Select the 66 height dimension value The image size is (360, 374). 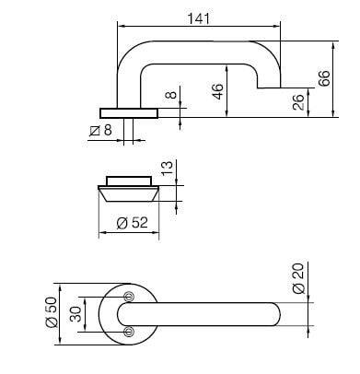coord(324,79)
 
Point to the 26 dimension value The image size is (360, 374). coord(298,102)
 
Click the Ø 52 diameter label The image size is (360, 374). coord(130,222)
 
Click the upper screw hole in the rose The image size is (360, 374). coord(129,296)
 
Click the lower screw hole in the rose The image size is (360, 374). coord(129,330)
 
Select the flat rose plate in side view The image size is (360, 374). coord(129,112)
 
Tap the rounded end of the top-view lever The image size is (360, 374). coord(278,313)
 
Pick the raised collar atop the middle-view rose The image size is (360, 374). coord(129,179)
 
